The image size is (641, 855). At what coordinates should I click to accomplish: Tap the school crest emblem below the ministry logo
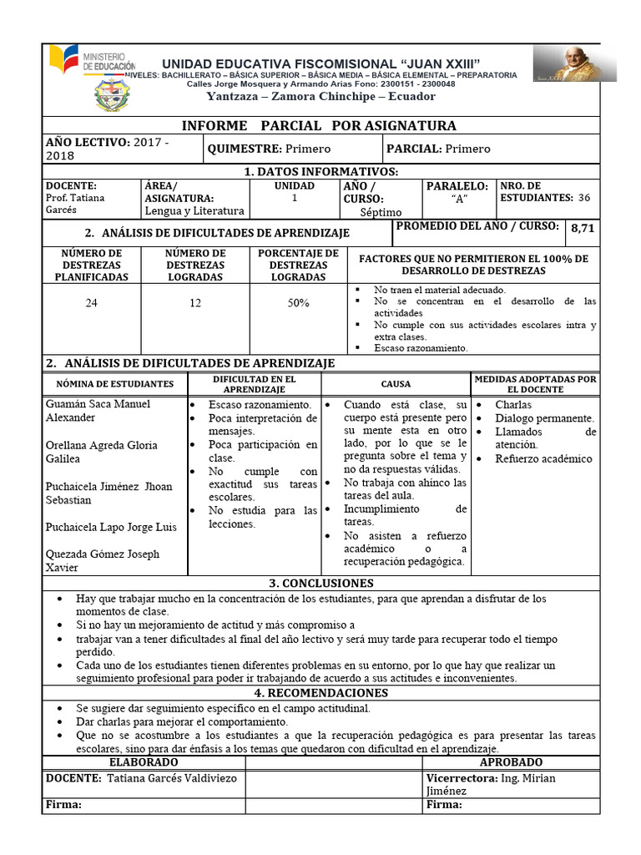tap(112, 96)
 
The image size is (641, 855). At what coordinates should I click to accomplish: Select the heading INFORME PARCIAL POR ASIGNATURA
tap(320, 126)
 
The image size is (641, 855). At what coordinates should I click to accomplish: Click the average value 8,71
tap(582, 228)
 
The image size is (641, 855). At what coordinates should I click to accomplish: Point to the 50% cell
tap(298, 303)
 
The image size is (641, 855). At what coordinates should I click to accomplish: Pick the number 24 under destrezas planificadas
tap(91, 303)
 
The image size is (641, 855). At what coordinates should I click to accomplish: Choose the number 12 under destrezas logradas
tap(194, 303)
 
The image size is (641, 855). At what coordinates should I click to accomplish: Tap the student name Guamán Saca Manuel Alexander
tap(98, 411)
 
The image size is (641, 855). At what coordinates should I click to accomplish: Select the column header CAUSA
tap(396, 384)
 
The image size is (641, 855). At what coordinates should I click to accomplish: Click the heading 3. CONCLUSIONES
tap(320, 583)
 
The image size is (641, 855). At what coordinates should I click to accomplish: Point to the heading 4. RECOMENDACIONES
tap(320, 693)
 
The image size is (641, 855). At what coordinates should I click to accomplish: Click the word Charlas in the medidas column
tap(513, 405)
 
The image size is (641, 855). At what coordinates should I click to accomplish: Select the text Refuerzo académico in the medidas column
tap(543, 458)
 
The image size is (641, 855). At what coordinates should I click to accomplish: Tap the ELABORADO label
tap(144, 762)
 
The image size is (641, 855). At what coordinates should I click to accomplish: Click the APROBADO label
tap(511, 762)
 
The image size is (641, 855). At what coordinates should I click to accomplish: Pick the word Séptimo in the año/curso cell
tap(381, 212)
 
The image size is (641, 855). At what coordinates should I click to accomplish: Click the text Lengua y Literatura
tap(194, 211)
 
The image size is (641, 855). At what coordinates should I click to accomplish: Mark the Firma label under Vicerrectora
tap(444, 805)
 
